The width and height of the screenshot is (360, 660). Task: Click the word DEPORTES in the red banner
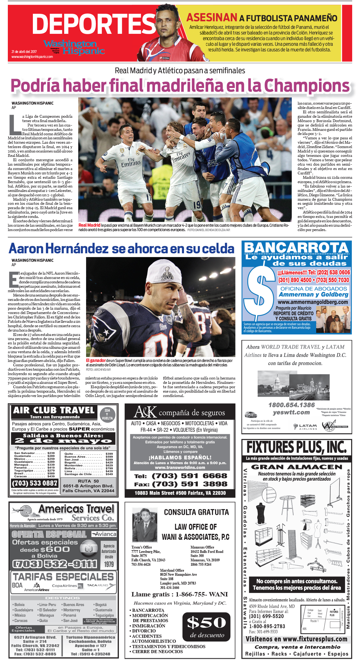click(94, 24)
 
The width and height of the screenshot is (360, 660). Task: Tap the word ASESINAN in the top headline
click(212, 18)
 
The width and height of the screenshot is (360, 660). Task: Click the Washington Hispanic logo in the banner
click(74, 47)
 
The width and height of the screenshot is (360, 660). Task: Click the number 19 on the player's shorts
click(197, 205)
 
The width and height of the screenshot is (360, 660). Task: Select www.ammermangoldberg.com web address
click(313, 302)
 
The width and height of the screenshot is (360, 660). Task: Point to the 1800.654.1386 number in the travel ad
click(291, 405)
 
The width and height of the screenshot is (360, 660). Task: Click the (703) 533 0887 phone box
click(34, 483)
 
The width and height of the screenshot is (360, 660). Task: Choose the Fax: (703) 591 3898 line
click(180, 484)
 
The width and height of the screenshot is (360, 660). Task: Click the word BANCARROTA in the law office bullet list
click(148, 610)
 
